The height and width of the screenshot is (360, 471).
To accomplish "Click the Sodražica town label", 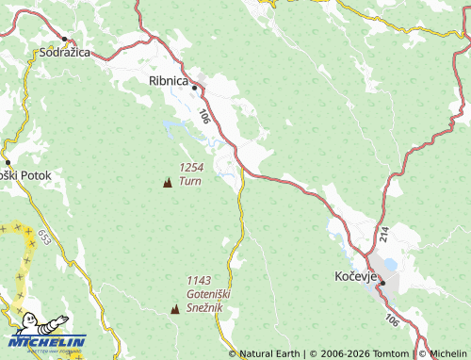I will [64, 52].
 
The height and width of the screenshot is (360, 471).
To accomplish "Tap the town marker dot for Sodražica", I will [64, 39].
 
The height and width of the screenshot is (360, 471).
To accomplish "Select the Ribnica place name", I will [170, 81].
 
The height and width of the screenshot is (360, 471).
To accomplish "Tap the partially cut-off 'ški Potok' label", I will [32, 175].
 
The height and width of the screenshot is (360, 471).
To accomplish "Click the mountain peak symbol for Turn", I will [168, 182].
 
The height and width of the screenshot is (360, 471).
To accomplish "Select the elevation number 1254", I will [191, 168].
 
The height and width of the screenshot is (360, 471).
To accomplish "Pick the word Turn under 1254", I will [190, 181].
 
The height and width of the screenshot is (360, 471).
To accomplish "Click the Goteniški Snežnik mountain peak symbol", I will [174, 309].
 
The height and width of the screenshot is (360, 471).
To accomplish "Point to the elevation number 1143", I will [199, 280].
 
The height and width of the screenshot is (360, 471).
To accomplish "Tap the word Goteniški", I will [209, 293].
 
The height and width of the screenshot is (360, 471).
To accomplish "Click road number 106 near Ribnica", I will [205, 116].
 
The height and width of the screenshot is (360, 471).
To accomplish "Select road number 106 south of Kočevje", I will [391, 322].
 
